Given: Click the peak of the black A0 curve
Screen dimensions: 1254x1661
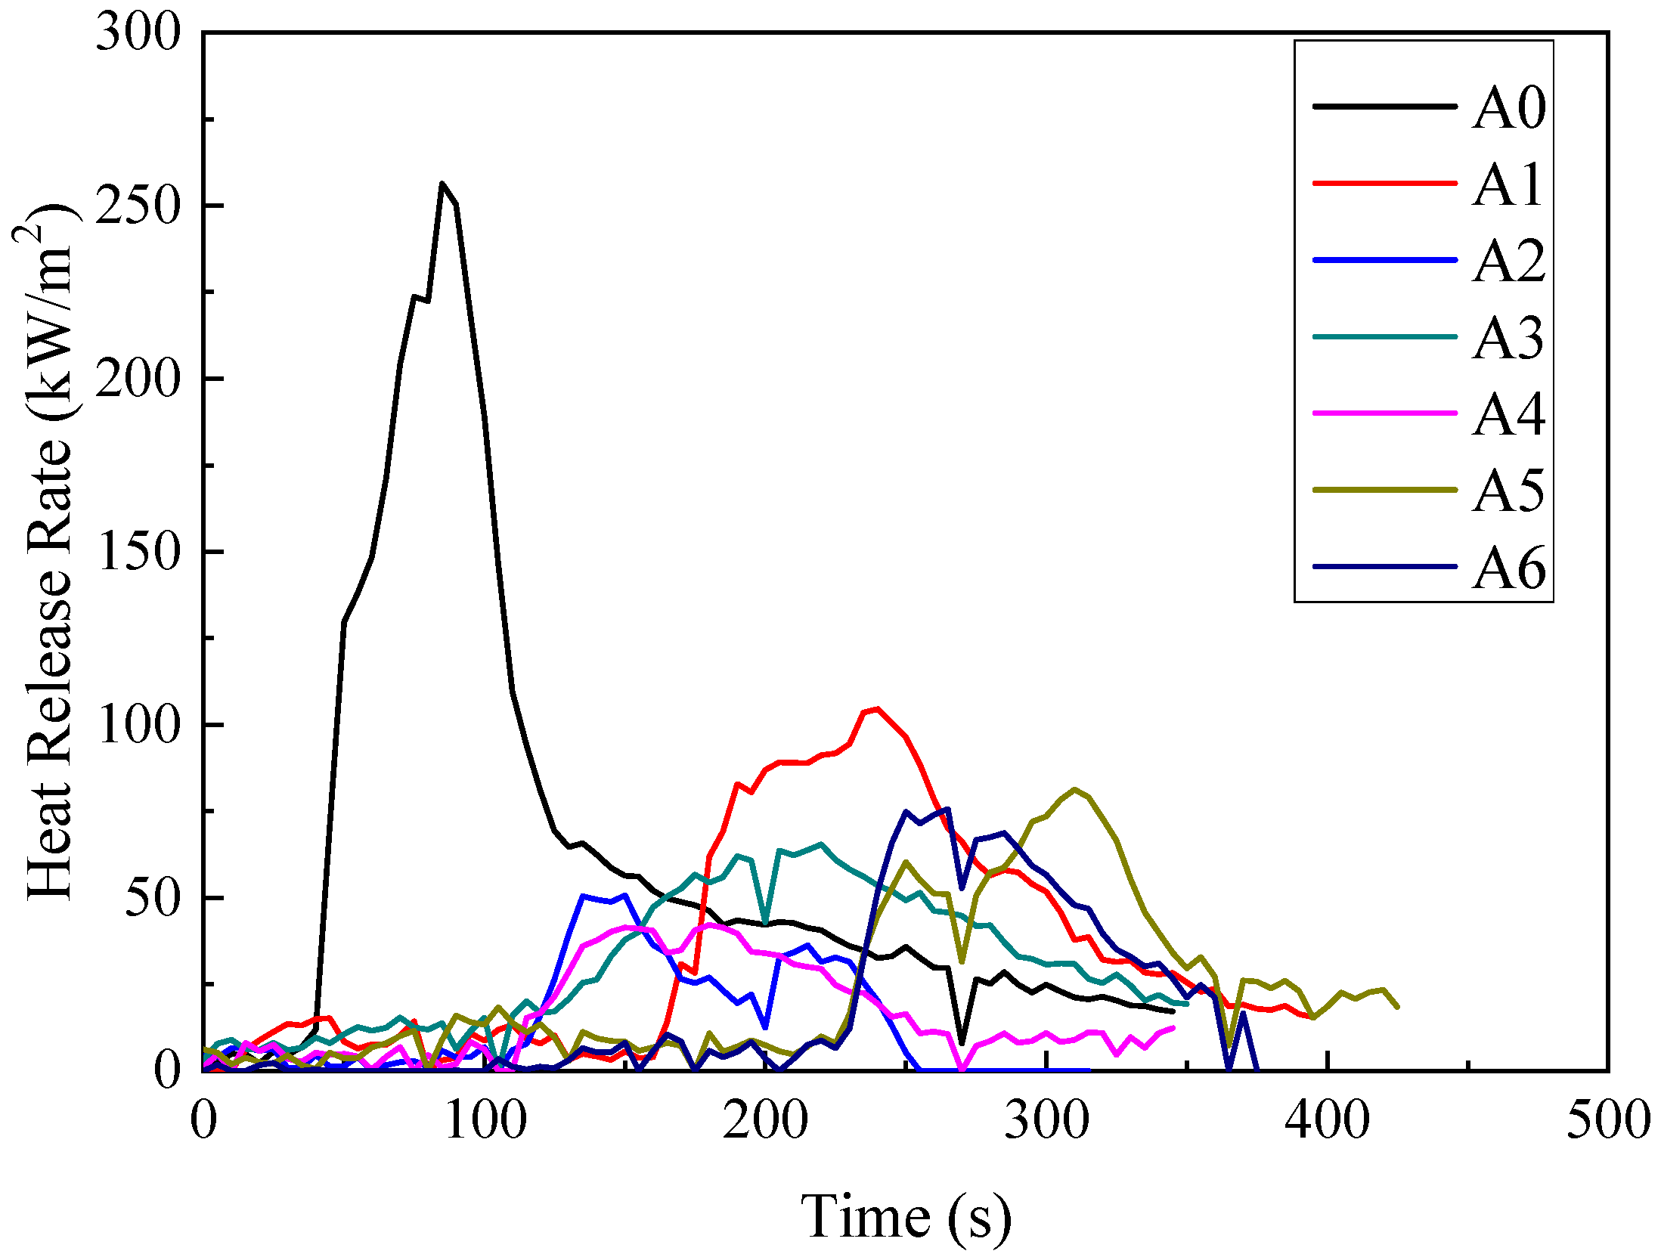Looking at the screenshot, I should tap(442, 184).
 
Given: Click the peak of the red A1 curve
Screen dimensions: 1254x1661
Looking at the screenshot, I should tap(877, 709).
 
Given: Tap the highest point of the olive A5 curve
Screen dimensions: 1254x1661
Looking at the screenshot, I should tap(1074, 790).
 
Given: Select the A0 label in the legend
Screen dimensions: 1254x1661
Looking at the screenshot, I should tap(1508, 108).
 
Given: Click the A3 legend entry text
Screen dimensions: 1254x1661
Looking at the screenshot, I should tap(1508, 338).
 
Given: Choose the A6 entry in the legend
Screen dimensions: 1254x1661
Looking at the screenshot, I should tap(1508, 568).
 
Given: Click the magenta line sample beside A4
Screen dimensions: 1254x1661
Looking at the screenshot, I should tap(1385, 413).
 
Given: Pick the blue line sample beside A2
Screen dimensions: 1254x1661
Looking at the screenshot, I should tap(1385, 260).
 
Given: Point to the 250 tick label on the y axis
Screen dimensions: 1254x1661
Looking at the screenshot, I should tap(138, 205).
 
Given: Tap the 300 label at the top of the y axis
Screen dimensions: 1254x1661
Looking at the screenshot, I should tap(138, 33).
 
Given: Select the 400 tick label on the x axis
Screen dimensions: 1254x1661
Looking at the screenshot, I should tap(1327, 1120).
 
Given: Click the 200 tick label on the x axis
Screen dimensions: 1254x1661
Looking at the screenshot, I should tap(765, 1120).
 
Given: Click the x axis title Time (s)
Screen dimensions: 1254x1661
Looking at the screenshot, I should tap(905, 1215).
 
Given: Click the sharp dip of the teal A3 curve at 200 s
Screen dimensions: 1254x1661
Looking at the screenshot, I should tap(766, 924).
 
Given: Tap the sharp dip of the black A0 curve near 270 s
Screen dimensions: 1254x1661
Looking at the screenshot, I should tap(962, 1043).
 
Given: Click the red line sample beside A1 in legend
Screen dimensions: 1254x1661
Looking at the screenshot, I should tap(1385, 183).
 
